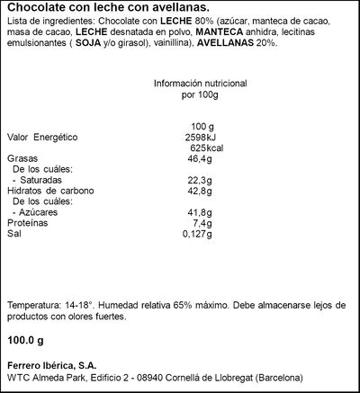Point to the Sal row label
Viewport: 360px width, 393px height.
[x=13, y=234]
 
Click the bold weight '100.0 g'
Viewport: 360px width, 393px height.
[x=25, y=342]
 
